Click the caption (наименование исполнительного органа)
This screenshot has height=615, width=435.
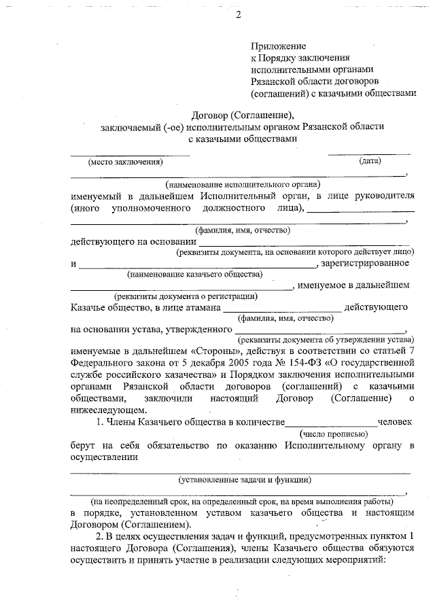(x=243, y=184)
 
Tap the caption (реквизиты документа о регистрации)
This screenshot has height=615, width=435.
(x=186, y=296)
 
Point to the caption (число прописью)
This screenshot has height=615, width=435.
(x=334, y=433)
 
